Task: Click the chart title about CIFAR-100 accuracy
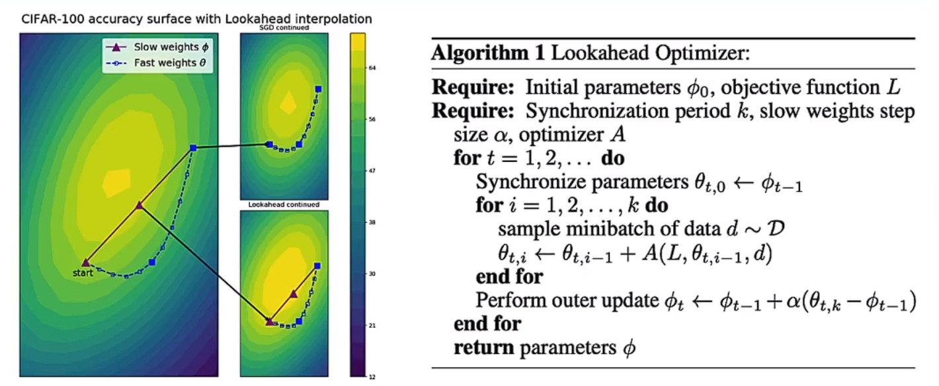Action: (x=194, y=19)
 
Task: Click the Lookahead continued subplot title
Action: (x=284, y=205)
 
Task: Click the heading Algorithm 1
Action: (x=488, y=54)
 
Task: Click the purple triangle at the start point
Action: (x=85, y=262)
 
